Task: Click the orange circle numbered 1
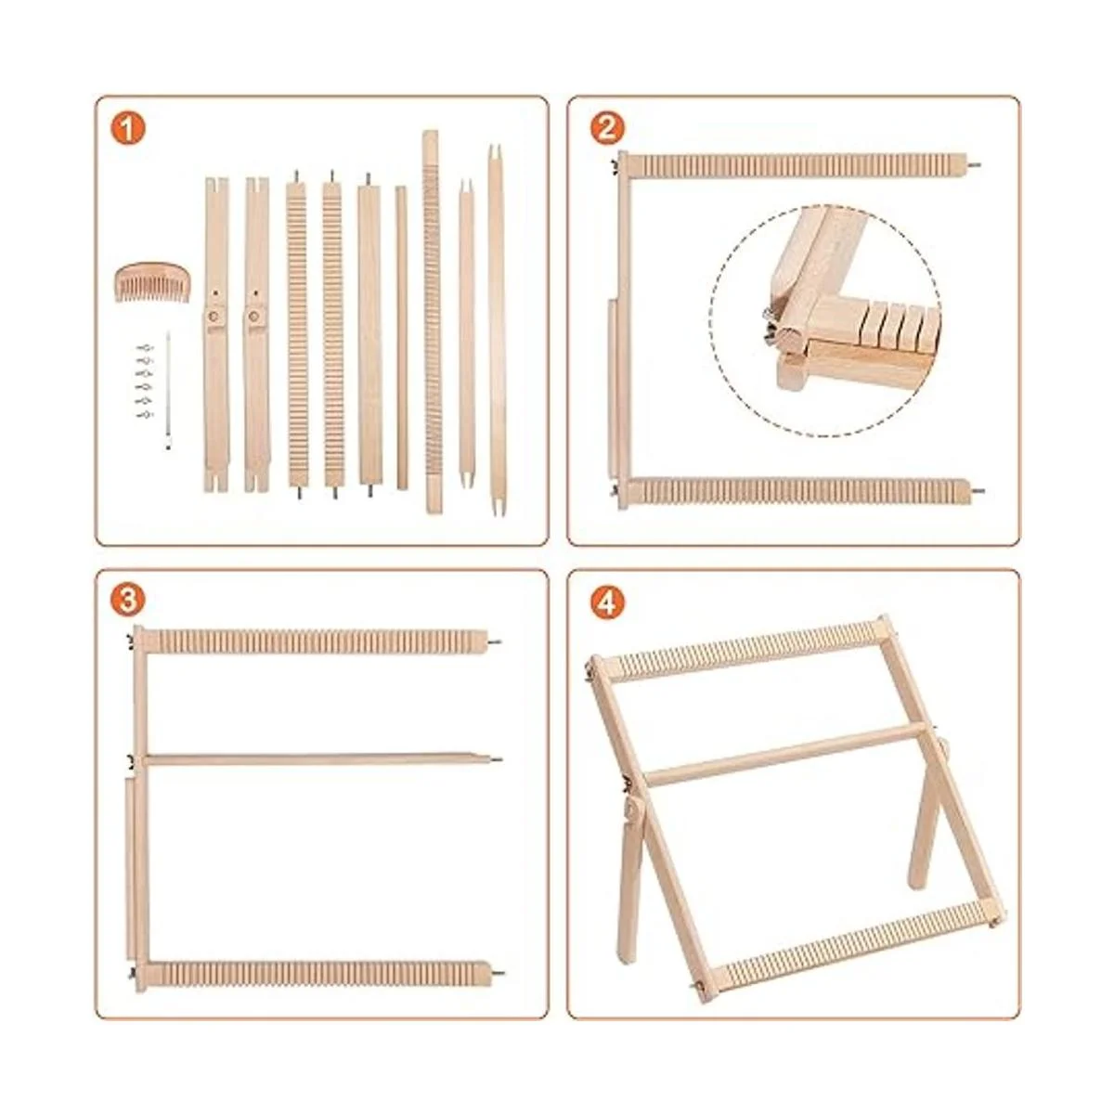tap(127, 128)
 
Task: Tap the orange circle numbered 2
tap(607, 128)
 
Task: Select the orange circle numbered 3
tap(127, 601)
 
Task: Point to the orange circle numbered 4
tap(607, 601)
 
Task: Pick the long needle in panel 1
tap(168, 390)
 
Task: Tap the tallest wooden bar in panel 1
tap(431, 321)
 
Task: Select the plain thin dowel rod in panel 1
tap(401, 338)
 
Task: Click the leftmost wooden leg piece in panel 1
tap(217, 335)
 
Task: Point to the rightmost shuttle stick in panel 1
tap(496, 330)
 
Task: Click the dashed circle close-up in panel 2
tap(825, 319)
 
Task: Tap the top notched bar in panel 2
tap(800, 164)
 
